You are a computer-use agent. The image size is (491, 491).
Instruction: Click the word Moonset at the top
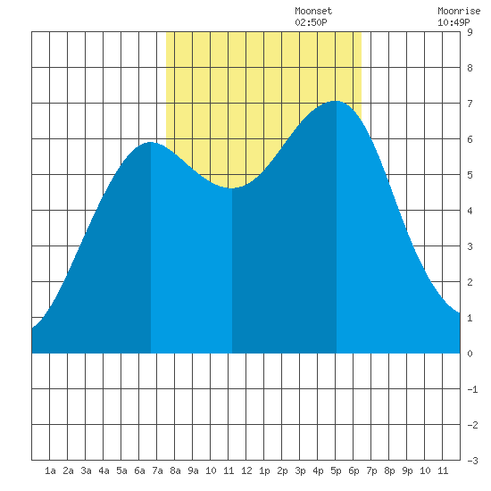(313, 11)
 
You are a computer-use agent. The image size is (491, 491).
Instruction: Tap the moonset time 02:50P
(311, 22)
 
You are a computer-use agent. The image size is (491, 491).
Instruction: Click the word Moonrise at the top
(459, 11)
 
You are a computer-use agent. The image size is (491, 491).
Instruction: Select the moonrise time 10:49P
(454, 22)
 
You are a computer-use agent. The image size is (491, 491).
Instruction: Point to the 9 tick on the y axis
(470, 32)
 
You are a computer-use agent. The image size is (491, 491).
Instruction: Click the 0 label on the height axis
(470, 354)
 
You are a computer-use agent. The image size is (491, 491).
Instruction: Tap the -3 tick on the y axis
(472, 461)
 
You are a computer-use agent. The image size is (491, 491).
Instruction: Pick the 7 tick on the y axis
(470, 104)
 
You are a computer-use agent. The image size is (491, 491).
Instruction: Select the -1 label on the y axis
(472, 389)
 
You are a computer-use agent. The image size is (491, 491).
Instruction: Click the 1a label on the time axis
(50, 470)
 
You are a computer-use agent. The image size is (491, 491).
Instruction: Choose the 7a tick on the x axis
(157, 470)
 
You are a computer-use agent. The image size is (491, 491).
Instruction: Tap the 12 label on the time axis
(246, 470)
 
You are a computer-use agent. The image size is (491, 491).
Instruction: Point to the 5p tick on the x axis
(336, 470)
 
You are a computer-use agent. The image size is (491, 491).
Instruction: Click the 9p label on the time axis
(407, 470)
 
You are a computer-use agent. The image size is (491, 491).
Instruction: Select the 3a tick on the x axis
(86, 470)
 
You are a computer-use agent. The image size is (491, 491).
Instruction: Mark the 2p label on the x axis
(282, 470)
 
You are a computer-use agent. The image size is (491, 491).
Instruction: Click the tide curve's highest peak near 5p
(336, 101)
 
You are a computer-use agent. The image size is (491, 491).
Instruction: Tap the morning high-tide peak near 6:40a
(151, 142)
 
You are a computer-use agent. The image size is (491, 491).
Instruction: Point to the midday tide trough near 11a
(230, 187)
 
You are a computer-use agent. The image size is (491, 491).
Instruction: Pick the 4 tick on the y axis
(470, 211)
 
